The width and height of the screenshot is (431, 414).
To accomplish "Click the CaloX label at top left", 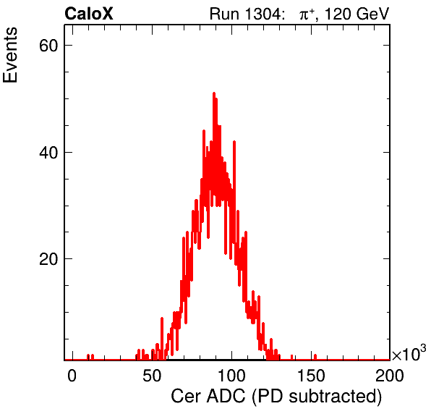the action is pos(89,14).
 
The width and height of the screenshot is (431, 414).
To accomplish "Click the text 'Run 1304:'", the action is pos(247,14).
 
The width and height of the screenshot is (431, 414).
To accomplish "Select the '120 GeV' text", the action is pos(357,14).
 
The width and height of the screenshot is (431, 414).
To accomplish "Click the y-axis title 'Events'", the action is pos(10,55).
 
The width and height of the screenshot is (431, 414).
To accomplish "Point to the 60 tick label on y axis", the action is pos(48,46).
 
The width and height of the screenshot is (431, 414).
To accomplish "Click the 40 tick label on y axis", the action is pos(48,152).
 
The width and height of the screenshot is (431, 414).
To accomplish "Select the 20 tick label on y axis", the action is pos(48,259).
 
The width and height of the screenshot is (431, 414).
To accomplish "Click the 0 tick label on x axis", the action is pos(72,375).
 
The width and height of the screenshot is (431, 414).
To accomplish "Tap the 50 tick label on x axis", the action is pos(152,375).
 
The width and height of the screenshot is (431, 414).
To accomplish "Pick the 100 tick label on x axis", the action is pos(231,375).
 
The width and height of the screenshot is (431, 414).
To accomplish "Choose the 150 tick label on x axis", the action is pos(311,375).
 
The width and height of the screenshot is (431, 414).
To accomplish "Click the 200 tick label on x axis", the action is pos(390,375).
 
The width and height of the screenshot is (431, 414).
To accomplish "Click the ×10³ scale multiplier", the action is pos(409,353).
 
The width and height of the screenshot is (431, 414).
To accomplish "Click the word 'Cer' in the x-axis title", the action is pos(187,397).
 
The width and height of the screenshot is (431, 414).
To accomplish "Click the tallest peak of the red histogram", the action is pos(214,94).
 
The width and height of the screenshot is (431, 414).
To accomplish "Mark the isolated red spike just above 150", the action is pos(315,357).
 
